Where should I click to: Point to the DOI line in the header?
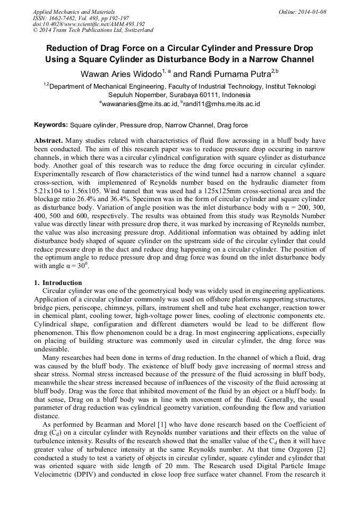pos(89,24)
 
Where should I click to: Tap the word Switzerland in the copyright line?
pos(135,30)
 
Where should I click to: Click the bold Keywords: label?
pos(51,125)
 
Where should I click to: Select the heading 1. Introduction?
pos(58,282)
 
